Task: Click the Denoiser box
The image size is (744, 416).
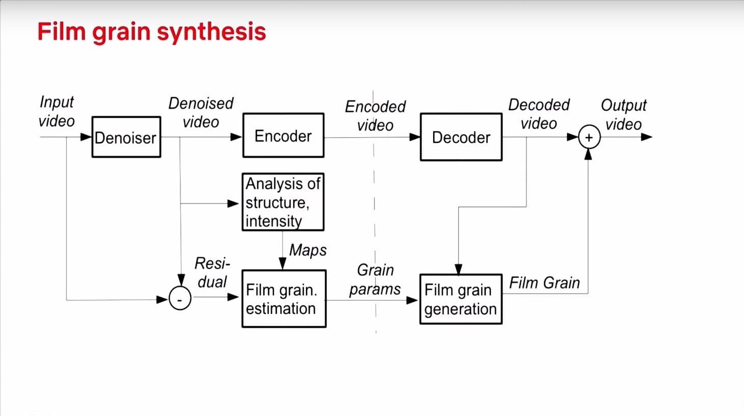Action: click(126, 137)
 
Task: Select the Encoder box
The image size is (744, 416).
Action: click(283, 136)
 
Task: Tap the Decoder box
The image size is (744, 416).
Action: click(461, 137)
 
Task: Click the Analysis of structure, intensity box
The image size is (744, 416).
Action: click(283, 202)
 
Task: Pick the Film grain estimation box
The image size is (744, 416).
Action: click(284, 299)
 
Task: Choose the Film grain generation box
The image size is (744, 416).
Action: click(461, 299)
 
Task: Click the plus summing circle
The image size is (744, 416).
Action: click(589, 138)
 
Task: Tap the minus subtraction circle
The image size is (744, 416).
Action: click(180, 299)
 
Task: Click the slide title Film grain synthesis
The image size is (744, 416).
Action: click(152, 32)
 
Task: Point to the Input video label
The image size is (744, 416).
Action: click(57, 112)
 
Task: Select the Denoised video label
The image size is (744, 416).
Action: click(201, 113)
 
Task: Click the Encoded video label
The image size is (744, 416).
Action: click(375, 116)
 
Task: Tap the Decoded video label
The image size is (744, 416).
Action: click(539, 114)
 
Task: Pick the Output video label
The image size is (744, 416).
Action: click(623, 115)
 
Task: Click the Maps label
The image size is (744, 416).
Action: click(308, 250)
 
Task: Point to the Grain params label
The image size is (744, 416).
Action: click(375, 279)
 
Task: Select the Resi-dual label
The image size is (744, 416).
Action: click(212, 273)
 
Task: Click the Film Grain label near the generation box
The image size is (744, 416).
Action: click(544, 283)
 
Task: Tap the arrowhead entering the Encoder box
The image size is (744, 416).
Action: click(236, 137)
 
